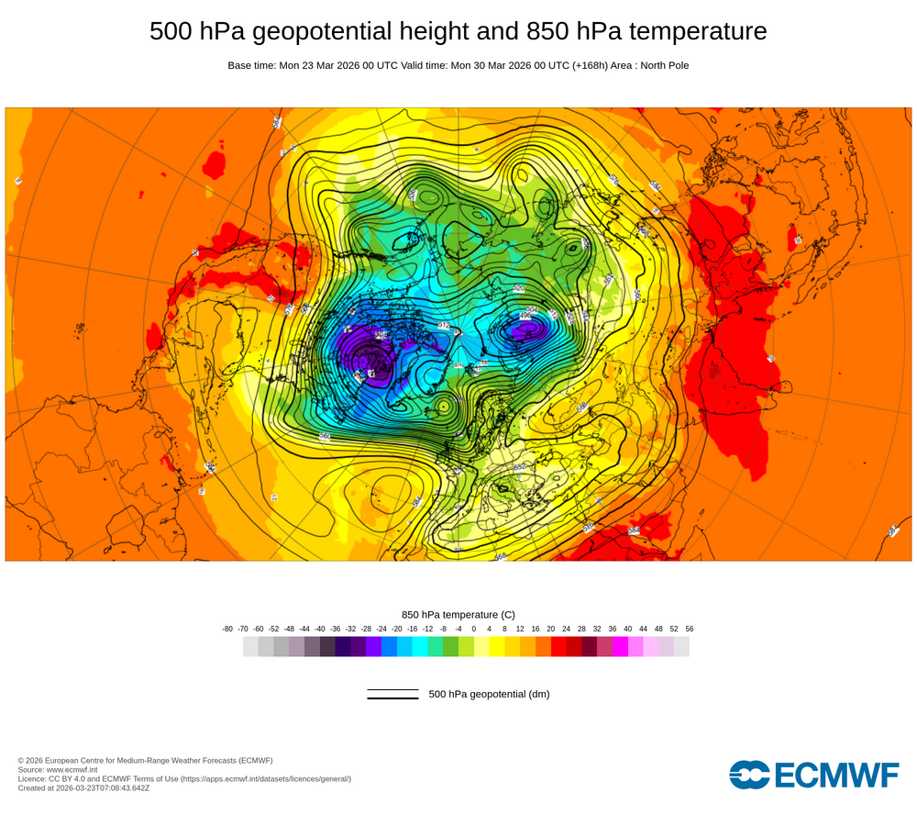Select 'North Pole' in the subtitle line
click(x=658, y=66)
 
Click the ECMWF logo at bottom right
click(x=814, y=776)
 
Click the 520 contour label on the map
click(x=519, y=288)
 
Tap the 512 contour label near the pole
click(x=445, y=325)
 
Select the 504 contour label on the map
click(x=532, y=310)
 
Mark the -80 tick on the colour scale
click(x=227, y=629)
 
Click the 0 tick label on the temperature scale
click(x=474, y=629)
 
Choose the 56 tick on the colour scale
click(x=689, y=629)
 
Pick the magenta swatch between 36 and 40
click(x=620, y=646)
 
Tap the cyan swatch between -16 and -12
click(x=420, y=646)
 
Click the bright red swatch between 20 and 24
click(x=558, y=646)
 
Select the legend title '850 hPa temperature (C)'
click(x=458, y=614)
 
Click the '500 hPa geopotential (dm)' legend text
click(x=489, y=694)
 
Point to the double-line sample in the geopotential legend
click(x=392, y=694)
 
